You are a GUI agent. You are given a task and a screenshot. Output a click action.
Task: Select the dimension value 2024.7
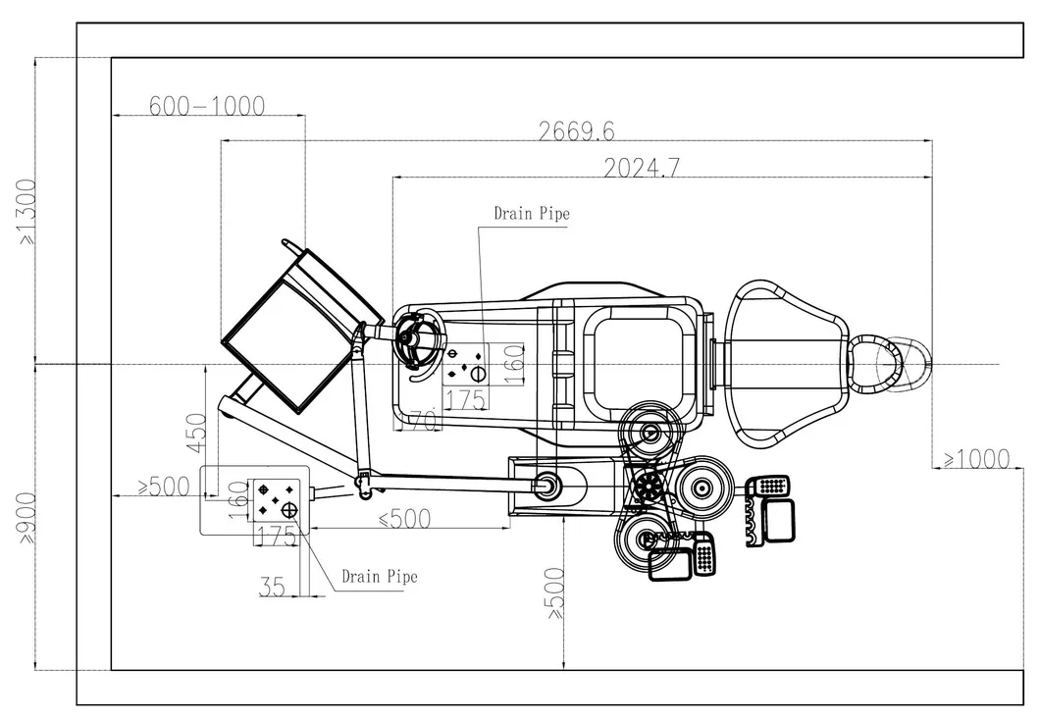click(x=641, y=168)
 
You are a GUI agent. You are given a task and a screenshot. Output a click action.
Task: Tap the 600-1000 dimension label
click(x=207, y=106)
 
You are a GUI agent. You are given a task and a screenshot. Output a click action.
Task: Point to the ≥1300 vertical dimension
click(x=26, y=211)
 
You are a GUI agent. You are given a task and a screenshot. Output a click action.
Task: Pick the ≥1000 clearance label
click(x=975, y=458)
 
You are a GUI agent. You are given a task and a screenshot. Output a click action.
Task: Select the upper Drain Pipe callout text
click(x=531, y=213)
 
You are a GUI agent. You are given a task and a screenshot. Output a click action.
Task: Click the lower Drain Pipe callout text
click(x=379, y=576)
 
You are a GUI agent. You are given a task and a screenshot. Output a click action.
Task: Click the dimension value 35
click(x=273, y=587)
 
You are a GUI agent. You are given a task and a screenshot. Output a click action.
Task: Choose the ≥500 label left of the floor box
click(x=162, y=486)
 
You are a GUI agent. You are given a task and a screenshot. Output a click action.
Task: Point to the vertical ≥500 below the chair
click(x=555, y=592)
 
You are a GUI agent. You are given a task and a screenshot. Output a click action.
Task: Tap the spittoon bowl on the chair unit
click(x=421, y=340)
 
